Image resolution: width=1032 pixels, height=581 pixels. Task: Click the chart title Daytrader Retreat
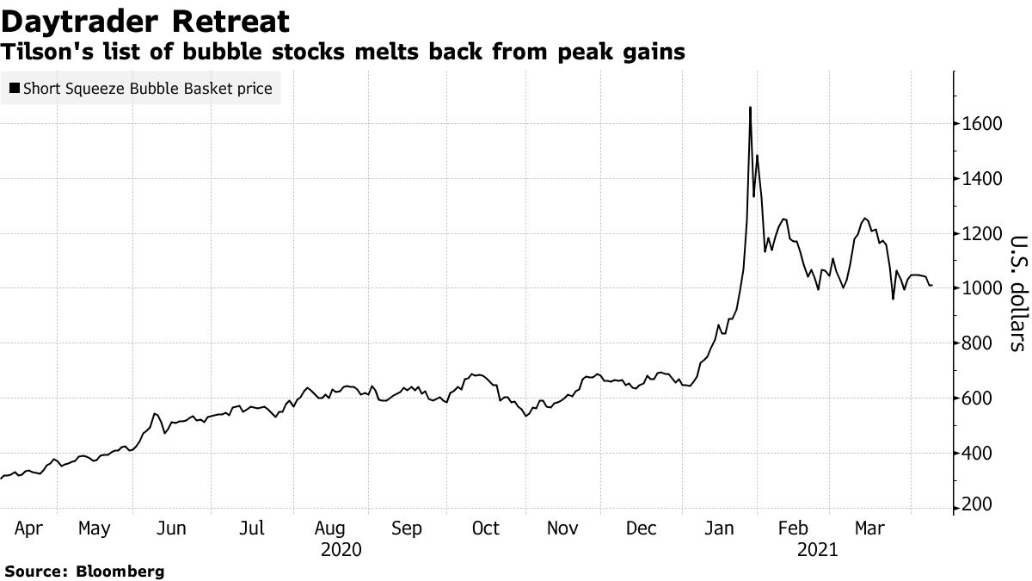[145, 21]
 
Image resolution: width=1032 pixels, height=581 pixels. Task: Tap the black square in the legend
[15, 88]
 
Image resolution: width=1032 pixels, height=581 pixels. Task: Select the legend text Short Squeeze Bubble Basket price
[148, 88]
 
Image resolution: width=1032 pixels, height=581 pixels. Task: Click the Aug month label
[330, 528]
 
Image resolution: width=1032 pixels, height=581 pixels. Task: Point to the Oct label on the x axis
[486, 528]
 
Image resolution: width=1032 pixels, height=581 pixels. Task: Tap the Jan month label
[719, 528]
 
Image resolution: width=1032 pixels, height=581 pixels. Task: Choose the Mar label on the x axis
[869, 528]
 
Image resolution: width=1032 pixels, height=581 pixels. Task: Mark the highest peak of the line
[750, 108]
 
